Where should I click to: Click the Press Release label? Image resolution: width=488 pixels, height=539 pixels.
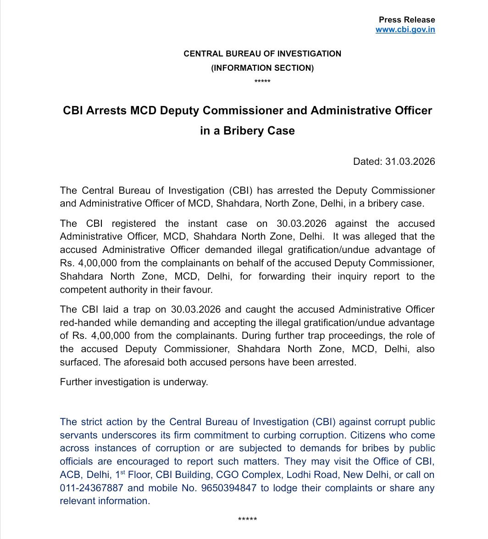pos(406,20)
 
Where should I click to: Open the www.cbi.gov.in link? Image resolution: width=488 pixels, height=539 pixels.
pos(405,29)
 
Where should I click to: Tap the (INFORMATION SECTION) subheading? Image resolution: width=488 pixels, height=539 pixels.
pos(262,67)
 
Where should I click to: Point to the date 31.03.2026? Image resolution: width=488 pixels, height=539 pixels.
pos(410,162)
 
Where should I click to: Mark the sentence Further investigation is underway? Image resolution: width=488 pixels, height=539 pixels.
pos(134,382)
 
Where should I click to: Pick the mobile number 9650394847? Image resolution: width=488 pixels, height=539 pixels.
pos(228,488)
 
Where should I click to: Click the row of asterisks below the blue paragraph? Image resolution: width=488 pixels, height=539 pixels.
pos(248,520)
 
